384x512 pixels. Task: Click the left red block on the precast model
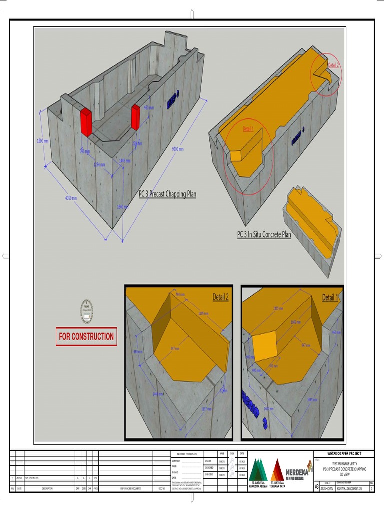click(85, 122)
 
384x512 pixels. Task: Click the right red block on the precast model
click(135, 117)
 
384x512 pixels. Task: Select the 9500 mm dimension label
click(178, 149)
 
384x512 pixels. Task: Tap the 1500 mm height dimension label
click(43, 141)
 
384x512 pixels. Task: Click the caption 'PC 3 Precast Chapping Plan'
click(167, 195)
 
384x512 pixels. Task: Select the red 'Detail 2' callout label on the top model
click(333, 65)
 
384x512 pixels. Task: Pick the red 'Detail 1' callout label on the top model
click(248, 129)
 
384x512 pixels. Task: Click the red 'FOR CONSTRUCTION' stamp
click(86, 337)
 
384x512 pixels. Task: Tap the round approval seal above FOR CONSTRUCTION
click(87, 311)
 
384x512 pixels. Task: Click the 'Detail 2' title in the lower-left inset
click(220, 297)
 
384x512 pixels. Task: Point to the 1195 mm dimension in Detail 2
click(203, 314)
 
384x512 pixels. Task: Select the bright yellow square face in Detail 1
click(263, 347)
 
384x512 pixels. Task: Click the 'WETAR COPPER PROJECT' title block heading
click(343, 453)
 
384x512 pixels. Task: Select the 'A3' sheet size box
click(316, 486)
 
